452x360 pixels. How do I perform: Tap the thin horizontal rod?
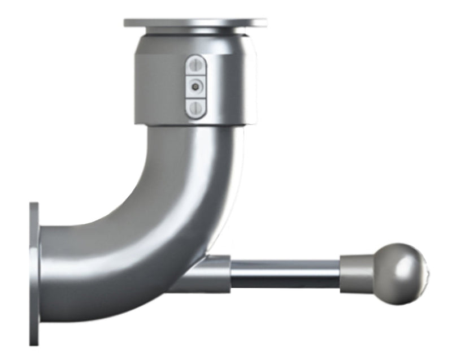pos(285,274)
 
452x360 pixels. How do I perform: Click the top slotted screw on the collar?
pos(195,65)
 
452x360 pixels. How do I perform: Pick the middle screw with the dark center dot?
pos(195,86)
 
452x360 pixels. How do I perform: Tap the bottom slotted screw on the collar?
pos(195,107)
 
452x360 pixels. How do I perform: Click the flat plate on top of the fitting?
pos(195,23)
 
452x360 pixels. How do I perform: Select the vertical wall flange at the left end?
pos(34,274)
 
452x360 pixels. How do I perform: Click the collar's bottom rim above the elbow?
pos(195,122)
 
